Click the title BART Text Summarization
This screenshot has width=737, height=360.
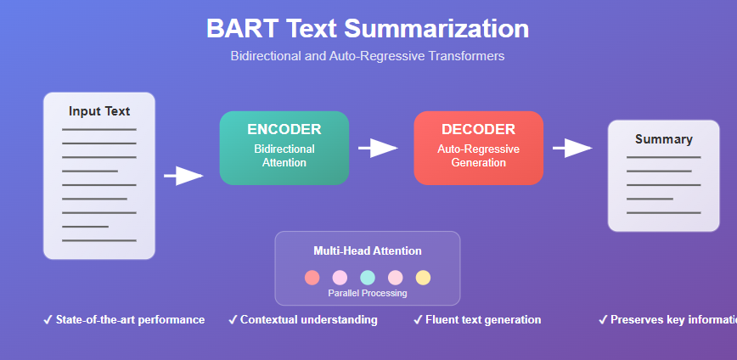[x=368, y=29]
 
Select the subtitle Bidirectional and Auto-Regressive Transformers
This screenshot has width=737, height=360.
[x=368, y=56]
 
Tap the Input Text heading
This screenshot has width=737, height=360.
[x=99, y=111]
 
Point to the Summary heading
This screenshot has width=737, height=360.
[x=663, y=139]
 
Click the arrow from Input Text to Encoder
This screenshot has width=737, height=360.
[x=183, y=176]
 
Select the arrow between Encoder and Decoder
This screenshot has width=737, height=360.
[x=378, y=149]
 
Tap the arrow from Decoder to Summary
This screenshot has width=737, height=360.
[x=572, y=149]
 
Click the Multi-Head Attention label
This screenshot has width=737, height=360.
[x=368, y=250]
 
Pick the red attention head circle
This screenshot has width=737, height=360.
[x=312, y=278]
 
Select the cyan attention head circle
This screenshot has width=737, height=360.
[x=368, y=278]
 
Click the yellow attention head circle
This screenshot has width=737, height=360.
[x=423, y=278]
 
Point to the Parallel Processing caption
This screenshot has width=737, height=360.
[x=368, y=293]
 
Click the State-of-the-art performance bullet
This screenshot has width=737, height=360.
[x=124, y=320]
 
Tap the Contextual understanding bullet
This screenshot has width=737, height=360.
[x=303, y=320]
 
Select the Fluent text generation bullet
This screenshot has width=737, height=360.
[x=477, y=320]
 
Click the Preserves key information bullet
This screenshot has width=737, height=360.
[x=667, y=320]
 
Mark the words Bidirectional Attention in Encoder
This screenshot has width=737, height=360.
[x=284, y=155]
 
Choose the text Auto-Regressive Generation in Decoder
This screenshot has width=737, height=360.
[x=478, y=155]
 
